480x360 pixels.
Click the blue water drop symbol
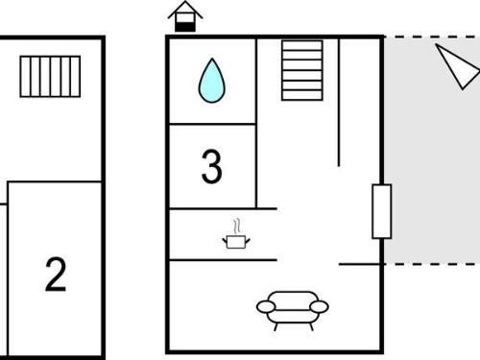tap(212, 81)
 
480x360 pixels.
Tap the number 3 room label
tap(211, 167)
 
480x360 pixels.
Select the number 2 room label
tap(56, 275)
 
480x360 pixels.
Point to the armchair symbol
tap(293, 310)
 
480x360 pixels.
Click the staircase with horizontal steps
tap(302, 70)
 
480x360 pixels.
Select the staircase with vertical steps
tap(50, 77)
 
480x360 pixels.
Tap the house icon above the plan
tap(185, 16)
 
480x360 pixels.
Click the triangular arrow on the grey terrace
tap(457, 65)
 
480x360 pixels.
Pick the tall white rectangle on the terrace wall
tap(382, 211)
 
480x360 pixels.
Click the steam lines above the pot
tap(237, 227)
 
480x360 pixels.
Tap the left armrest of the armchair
tap(266, 307)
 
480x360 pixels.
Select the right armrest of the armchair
tap(320, 307)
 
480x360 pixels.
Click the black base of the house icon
tap(185, 27)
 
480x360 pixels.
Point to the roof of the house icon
tap(185, 9)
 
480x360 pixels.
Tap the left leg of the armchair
tap(276, 326)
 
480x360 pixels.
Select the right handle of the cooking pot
tap(248, 240)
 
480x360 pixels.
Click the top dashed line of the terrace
tap(432, 37)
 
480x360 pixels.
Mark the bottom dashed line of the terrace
tap(432, 264)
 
